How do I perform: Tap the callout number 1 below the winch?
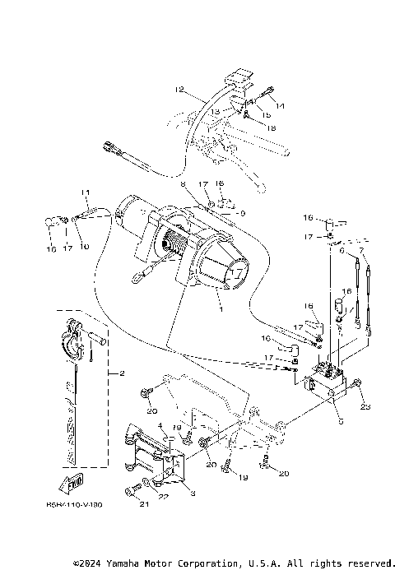pos(218,310)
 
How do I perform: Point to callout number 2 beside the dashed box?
pos(121,374)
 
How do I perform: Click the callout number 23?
pos(365,405)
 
